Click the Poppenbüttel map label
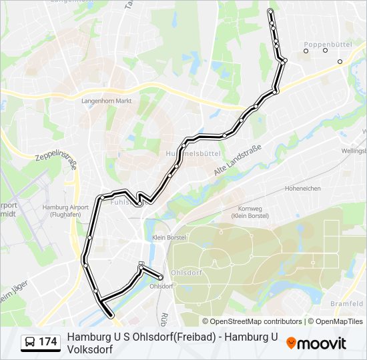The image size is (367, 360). [328, 44]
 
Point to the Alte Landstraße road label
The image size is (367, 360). [236, 161]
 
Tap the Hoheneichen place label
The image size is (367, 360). [303, 189]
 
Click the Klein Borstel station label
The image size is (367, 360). [168, 238]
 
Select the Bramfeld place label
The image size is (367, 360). [347, 303]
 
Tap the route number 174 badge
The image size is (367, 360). [47, 342]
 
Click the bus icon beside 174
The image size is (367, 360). [31, 342]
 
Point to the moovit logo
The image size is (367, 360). [316, 343]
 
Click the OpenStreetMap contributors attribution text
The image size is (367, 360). [252, 321]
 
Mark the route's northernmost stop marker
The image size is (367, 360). [270, 11]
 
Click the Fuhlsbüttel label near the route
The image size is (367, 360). [123, 201]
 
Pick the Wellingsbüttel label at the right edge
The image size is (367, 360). [354, 151]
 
